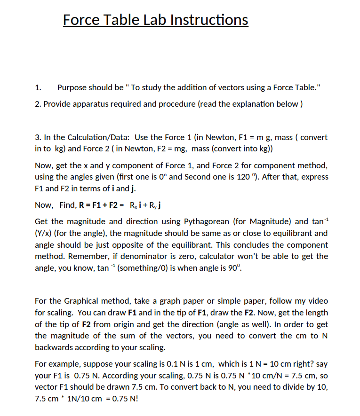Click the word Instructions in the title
[x=208, y=20]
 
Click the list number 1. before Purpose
[x=38, y=87]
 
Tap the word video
[x=318, y=301]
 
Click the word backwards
[x=54, y=347]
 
